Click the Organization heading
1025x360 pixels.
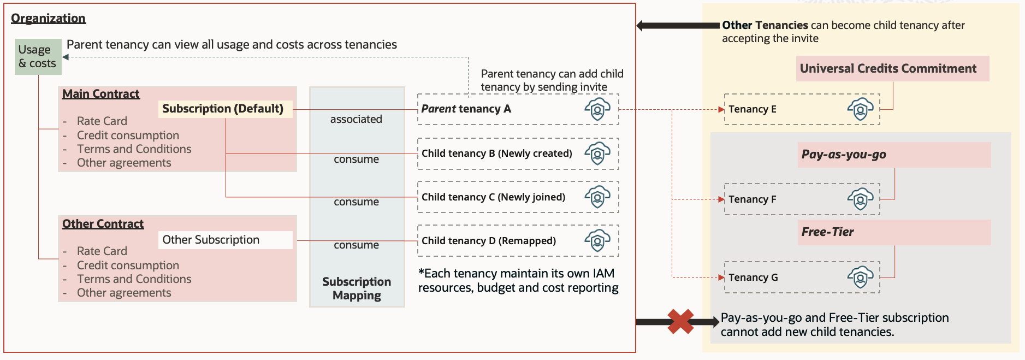point(48,18)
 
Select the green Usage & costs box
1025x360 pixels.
point(38,57)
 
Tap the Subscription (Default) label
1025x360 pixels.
point(223,109)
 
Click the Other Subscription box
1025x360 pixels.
point(225,240)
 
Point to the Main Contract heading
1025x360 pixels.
point(101,94)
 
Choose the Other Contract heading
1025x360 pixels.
point(103,224)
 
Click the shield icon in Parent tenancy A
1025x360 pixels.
point(597,109)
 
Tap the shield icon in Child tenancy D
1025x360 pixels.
point(597,241)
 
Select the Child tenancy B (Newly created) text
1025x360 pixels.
point(496,154)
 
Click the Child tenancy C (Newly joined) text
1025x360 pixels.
point(493,197)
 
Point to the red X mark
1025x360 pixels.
point(680,321)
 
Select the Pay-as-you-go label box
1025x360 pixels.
point(894,155)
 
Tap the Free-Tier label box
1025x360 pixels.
point(894,232)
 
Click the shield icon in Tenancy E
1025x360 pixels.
point(860,109)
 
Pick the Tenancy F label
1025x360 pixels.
point(752,199)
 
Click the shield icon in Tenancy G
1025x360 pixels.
point(860,278)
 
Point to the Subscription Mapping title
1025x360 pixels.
point(357,288)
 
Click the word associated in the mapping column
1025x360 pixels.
point(356,119)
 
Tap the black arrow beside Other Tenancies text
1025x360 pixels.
point(678,25)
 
